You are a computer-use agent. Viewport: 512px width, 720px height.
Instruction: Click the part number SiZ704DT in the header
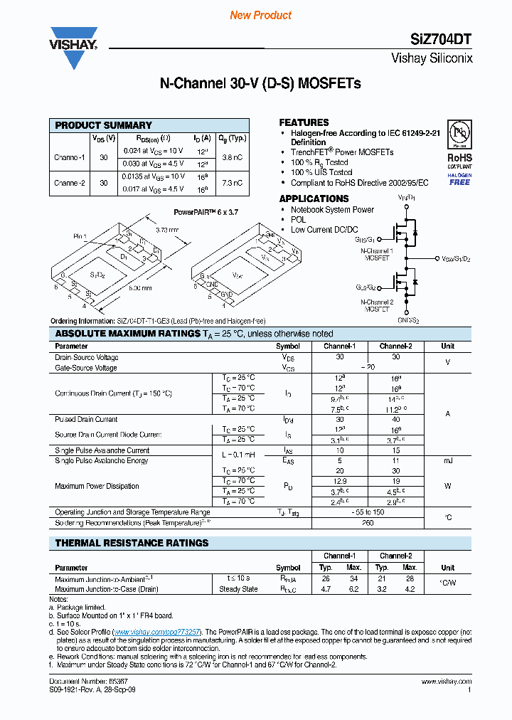pos(442,40)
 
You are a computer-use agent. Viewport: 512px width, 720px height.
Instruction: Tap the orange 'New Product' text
pos(261,15)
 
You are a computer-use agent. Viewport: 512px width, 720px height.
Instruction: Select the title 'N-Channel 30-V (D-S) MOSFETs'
pos(260,83)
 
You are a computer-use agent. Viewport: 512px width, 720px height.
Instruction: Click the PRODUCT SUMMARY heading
pos(104,125)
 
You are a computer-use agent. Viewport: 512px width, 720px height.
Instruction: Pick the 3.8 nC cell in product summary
pos(231,157)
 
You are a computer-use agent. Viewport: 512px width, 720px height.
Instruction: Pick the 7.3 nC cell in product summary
pos(231,183)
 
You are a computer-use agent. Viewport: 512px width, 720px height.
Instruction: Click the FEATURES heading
pos(304,122)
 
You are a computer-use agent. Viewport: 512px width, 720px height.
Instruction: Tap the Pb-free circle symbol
pos(459,136)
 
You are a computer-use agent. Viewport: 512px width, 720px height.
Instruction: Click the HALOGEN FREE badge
pos(459,179)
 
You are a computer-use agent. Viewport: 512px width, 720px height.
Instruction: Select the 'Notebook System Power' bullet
pos(332,210)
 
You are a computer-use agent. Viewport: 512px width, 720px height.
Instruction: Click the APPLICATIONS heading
pos(314,198)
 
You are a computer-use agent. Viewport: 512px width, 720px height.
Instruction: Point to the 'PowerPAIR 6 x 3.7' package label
pos(206,212)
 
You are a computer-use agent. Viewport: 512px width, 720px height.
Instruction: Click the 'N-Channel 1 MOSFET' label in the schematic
pos(377,255)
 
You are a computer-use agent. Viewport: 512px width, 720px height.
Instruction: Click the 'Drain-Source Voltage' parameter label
pos(87,357)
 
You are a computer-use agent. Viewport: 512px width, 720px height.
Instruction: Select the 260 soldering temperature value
pos(368,523)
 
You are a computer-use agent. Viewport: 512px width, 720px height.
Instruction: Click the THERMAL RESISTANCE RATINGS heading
pos(132,543)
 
